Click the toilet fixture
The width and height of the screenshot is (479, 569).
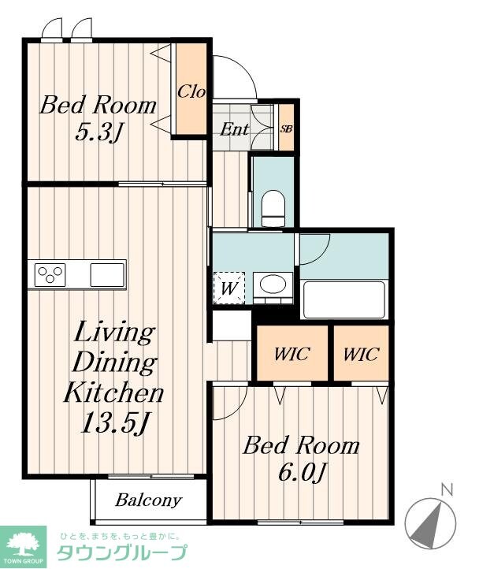(x=273, y=209)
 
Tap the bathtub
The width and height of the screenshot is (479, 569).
(x=343, y=299)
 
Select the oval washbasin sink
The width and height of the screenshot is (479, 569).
(x=273, y=284)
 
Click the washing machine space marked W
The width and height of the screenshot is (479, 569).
(x=229, y=288)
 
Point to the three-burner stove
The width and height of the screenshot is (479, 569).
(x=50, y=274)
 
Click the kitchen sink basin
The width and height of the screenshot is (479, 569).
(x=107, y=275)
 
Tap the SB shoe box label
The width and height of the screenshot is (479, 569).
(x=286, y=128)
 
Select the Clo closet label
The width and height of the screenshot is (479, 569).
(x=191, y=91)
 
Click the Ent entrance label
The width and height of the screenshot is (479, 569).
(x=235, y=129)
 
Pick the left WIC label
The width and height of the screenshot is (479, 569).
(x=291, y=353)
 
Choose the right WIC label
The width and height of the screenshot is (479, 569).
(x=361, y=353)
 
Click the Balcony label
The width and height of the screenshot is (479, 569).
(x=148, y=500)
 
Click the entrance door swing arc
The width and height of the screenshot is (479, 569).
(x=244, y=68)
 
